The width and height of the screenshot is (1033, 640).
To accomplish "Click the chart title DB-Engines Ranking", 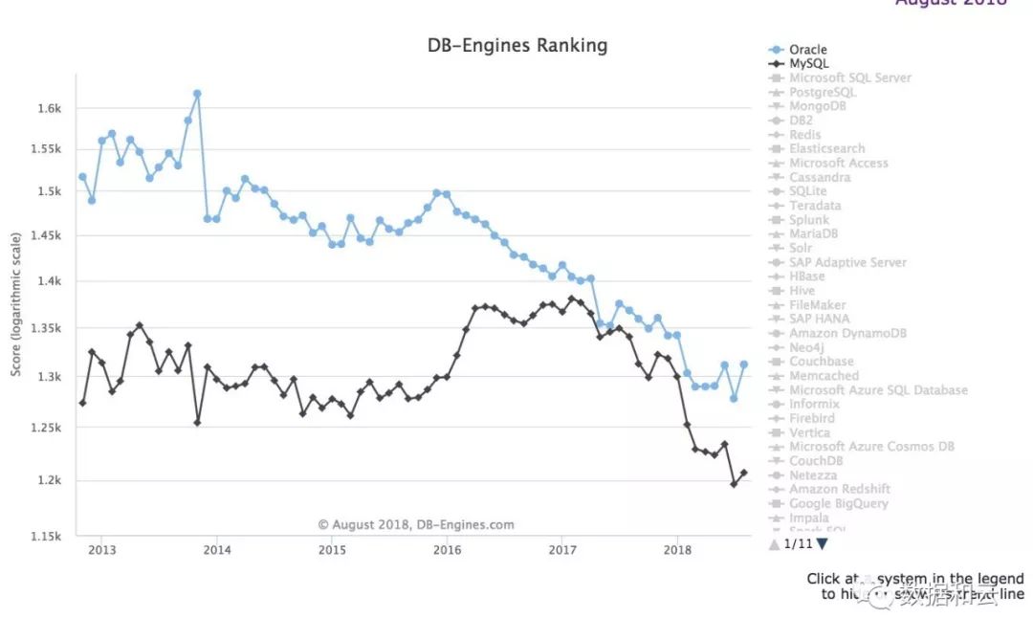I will (x=516, y=46).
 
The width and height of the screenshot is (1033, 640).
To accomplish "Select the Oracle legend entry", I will (x=807, y=50).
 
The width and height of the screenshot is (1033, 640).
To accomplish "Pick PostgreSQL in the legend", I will (x=823, y=92).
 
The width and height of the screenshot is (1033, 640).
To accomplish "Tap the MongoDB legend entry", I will (x=818, y=106).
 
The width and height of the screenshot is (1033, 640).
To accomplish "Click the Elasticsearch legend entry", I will (x=826, y=149).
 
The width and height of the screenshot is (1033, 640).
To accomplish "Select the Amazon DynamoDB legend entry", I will (x=847, y=334).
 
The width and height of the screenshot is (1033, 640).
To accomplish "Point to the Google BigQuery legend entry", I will (x=838, y=504).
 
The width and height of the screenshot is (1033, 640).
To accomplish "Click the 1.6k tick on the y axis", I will (x=50, y=109).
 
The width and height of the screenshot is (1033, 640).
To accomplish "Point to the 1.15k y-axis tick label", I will (x=46, y=537).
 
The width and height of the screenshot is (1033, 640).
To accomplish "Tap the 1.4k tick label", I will (x=50, y=282).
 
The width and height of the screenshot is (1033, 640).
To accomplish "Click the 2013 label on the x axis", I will (x=102, y=550).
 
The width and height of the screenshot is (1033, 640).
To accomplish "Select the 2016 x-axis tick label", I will (x=448, y=550).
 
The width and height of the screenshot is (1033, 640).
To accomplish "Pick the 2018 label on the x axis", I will (x=677, y=550).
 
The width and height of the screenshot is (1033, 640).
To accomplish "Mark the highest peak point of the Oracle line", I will (x=197, y=94).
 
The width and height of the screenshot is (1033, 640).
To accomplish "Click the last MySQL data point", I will (x=743, y=473).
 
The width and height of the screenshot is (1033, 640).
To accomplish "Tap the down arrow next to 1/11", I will (x=823, y=544).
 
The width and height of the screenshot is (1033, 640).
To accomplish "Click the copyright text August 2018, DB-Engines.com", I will (x=416, y=524).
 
